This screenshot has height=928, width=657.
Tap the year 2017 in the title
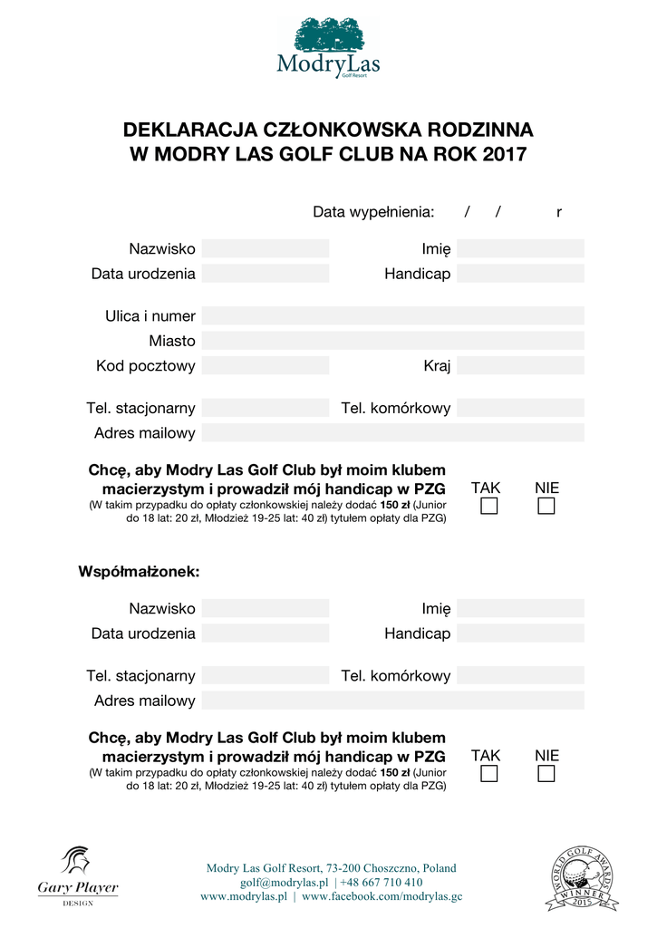(505, 154)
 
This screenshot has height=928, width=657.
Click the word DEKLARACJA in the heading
(186, 130)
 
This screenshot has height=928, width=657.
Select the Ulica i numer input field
(392, 316)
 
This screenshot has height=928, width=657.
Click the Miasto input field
(392, 341)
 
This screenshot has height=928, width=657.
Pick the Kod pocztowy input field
(265, 366)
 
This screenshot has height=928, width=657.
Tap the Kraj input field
(520, 366)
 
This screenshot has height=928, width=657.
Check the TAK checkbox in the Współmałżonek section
(489, 774)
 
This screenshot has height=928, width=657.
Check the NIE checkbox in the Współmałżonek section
(546, 774)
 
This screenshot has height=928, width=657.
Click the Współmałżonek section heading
(139, 572)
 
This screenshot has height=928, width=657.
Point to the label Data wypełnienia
(373, 212)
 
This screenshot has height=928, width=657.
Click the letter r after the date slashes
(559, 212)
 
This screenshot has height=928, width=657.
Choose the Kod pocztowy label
(146, 366)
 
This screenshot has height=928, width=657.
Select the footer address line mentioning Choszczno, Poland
(332, 868)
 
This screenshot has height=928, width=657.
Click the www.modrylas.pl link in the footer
(244, 896)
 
